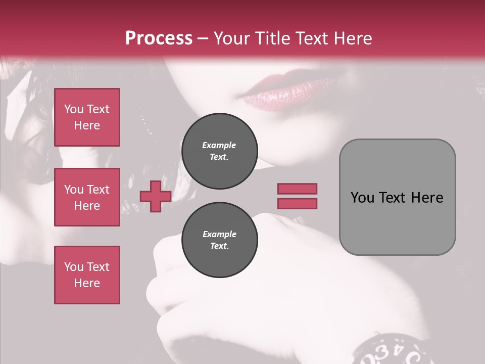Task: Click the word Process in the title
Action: click(159, 38)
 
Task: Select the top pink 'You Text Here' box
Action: click(87, 117)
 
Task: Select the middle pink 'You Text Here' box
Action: click(87, 197)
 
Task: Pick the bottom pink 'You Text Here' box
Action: click(87, 275)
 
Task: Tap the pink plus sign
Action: click(155, 197)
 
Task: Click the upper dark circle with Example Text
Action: click(220, 151)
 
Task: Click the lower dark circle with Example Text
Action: click(220, 240)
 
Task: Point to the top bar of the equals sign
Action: click(297, 189)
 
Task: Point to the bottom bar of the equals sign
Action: click(297, 204)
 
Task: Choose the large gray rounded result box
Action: click(397, 197)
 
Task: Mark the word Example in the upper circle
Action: click(219, 145)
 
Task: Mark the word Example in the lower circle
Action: click(219, 234)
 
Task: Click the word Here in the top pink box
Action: click(87, 125)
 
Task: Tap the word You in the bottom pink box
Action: click(74, 267)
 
